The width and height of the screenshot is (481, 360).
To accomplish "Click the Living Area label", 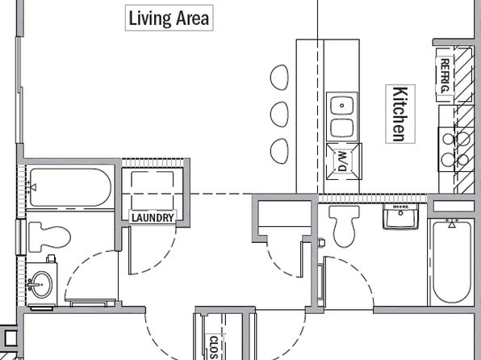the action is pos(169,18).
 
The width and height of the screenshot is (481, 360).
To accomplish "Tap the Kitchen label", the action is pos(400,114).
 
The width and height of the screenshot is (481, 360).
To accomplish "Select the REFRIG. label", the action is pos(445,76).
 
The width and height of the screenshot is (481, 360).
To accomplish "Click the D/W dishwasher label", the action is pos(342,161).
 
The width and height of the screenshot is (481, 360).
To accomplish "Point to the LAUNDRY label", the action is pos(153,218).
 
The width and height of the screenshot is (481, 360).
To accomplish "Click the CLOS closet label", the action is pos(213,347).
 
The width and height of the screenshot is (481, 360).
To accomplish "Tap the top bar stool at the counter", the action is pos(279,77).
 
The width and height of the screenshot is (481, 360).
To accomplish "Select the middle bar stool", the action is pos(279,114).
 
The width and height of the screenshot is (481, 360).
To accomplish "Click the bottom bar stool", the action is pos(279,151).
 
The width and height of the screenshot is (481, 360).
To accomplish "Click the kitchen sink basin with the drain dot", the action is pos(342,105).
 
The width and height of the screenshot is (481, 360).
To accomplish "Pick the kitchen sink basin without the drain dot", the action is pos(342,128).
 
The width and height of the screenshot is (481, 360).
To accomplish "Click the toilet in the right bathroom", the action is pos(344,226).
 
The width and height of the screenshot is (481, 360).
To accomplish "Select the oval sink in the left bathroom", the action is pos(41,284).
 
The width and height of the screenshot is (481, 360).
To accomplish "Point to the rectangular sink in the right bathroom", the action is pos(400,216).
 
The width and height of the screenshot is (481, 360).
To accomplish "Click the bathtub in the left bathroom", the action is pos(70,187).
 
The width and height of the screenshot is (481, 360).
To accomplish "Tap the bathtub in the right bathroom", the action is pos(452,262).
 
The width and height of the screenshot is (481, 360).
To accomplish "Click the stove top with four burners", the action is pos(455,149).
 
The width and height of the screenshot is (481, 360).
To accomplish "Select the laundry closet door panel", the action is pos(130,250).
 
